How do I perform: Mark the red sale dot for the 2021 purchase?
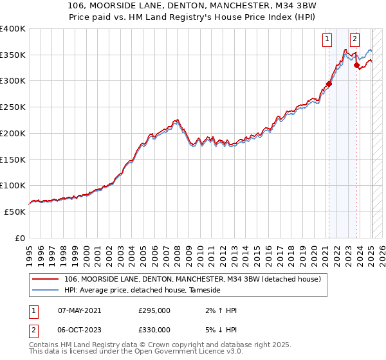click(x=329, y=84)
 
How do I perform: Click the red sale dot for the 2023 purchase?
click(x=356, y=66)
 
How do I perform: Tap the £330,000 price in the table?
click(x=154, y=330)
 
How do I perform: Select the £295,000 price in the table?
click(x=154, y=310)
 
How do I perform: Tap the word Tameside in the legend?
click(x=205, y=291)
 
